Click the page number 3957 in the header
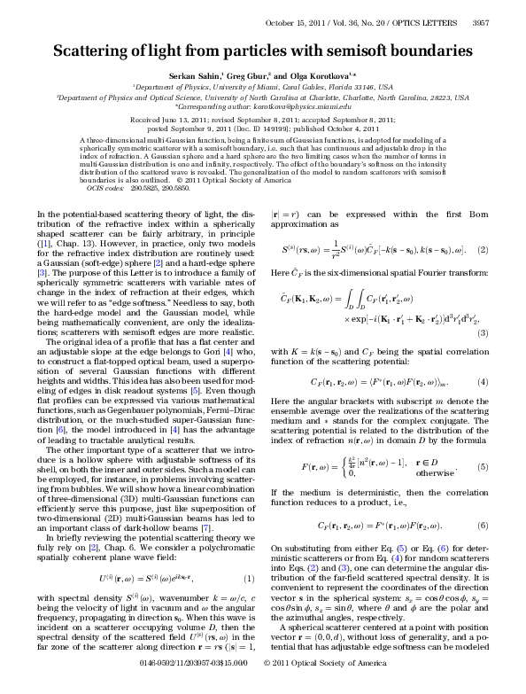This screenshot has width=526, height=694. point(501,24)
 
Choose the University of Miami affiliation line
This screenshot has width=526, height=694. point(263,89)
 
